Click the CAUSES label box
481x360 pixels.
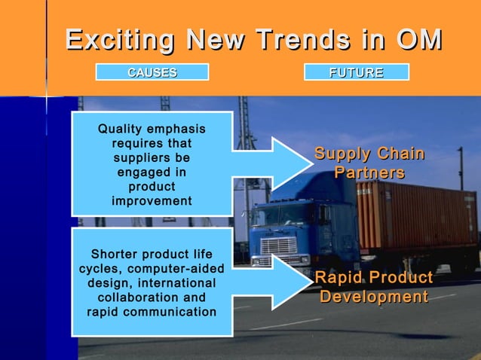point(152,72)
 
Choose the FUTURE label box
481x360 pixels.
point(356,72)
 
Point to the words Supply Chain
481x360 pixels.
point(369,154)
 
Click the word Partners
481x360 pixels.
point(369,173)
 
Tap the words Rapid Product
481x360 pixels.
point(373,278)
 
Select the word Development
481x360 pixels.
point(373,297)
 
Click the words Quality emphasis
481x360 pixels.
point(152,130)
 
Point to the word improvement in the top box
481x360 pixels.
point(152,201)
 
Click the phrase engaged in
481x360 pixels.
point(152,172)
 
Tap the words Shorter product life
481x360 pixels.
point(152,254)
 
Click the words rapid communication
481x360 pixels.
point(152,311)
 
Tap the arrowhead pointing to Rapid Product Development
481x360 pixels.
point(286,282)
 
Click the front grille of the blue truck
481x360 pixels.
point(278,245)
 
